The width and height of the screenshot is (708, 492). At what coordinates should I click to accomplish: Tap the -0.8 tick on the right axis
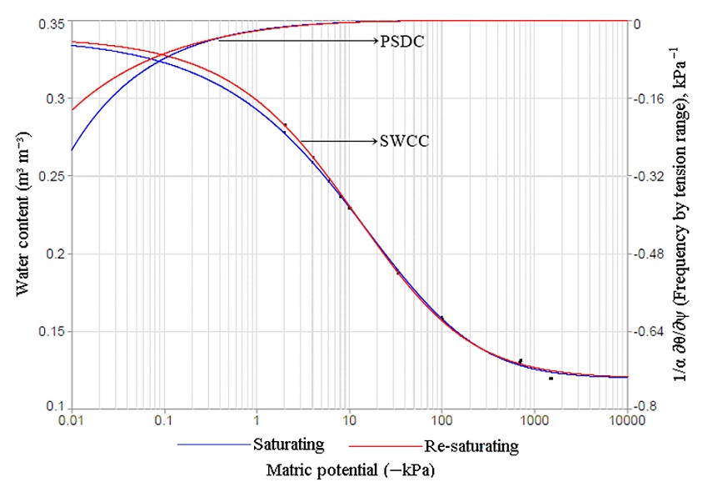tap(648, 407)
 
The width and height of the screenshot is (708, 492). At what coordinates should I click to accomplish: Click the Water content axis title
tap(22, 215)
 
